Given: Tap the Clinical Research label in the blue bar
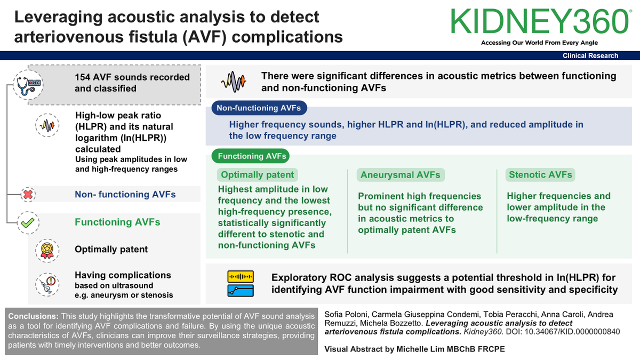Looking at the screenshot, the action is tap(590, 55).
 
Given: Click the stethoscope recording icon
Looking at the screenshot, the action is tap(28, 85).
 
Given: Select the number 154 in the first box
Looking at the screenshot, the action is tap(83, 77).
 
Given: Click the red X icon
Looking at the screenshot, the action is tap(28, 195).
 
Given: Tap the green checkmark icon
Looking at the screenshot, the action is tap(28, 222).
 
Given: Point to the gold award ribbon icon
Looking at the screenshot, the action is tap(47, 251).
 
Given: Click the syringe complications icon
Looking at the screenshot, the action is tap(47, 285).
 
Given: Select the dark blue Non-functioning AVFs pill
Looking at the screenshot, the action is tap(259, 108).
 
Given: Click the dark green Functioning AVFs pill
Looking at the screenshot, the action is tap(251, 156).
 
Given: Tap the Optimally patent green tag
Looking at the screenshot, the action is tap(257, 175).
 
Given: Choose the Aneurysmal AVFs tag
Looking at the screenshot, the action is tap(401, 175).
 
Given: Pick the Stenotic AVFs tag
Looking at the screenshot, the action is tap(540, 175).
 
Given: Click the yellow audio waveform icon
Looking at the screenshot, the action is tap(241, 277).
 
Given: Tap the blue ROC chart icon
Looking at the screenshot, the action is tap(241, 291).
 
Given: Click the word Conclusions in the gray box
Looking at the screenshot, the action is tap(33, 316).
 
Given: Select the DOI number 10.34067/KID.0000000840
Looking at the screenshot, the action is tap(572, 332).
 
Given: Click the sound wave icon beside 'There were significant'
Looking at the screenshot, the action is tap(234, 82).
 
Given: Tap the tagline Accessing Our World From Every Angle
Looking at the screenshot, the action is tap(539, 43).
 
